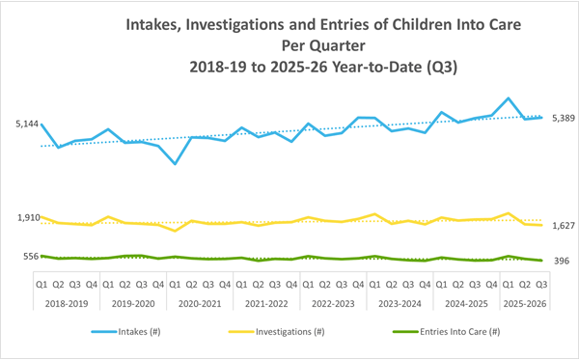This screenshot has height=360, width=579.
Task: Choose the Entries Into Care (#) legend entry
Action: coord(443,331)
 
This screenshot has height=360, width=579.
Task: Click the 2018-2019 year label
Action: coord(67,301)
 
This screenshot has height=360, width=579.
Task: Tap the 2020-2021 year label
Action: coord(200,301)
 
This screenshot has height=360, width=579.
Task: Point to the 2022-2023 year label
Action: coord(333,301)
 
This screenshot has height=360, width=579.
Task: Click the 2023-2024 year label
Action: coord(400,301)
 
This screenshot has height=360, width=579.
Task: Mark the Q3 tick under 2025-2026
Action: coord(541,285)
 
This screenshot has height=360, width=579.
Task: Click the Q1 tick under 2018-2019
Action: coord(41,285)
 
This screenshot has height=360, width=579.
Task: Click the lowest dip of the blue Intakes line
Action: coord(175,164)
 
